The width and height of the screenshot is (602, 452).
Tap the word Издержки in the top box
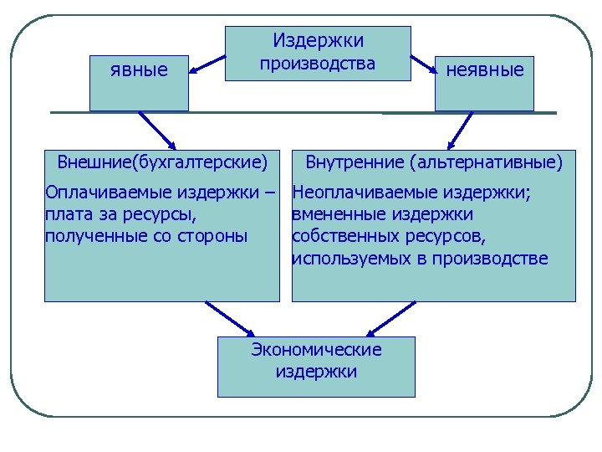pos(318,40)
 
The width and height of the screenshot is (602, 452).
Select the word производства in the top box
pos(318,64)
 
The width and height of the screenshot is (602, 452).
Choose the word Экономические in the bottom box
pos(316,350)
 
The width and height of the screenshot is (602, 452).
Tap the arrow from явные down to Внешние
pos(155,130)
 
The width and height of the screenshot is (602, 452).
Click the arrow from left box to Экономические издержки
pos(230,319)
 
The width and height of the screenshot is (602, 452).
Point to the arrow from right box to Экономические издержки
pos(387,319)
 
